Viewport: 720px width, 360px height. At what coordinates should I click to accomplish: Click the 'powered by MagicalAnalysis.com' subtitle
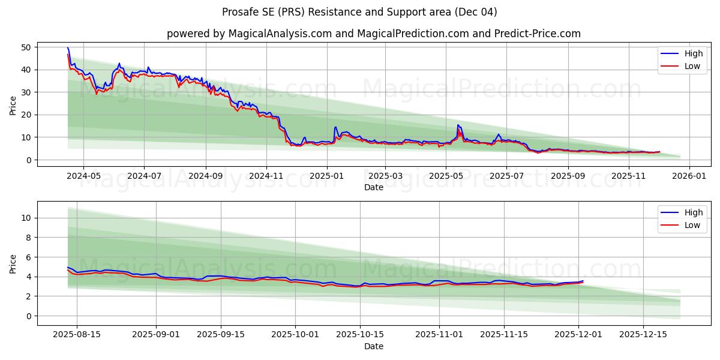point(373,34)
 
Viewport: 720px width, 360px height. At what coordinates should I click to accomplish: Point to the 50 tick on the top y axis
point(26,47)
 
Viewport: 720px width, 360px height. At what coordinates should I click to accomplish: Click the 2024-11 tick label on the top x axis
point(266,176)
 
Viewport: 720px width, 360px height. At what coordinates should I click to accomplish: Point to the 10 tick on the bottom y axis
point(26,218)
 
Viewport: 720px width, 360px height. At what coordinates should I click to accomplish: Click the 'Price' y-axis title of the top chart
point(13,106)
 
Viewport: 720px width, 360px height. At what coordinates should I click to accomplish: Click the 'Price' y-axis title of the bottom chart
point(13,264)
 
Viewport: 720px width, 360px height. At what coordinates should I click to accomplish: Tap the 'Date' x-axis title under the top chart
point(373,187)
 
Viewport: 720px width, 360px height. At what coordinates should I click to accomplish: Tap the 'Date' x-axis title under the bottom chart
point(373,346)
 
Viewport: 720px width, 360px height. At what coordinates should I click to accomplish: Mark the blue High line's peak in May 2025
point(458,125)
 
